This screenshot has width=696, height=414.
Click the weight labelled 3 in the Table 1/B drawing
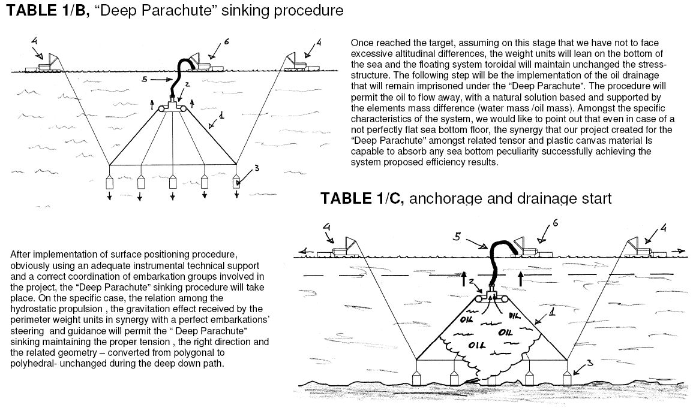(237, 183)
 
